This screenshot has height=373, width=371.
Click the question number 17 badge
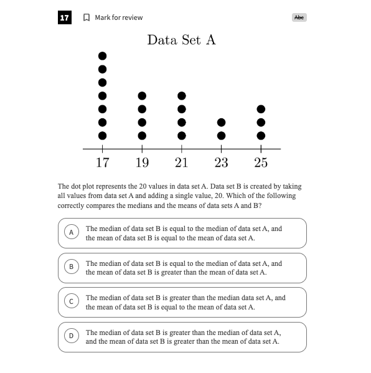click(65, 17)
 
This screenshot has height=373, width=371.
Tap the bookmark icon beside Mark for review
click(87, 17)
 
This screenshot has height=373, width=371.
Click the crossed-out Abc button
click(299, 17)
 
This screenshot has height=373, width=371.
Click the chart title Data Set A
click(182, 40)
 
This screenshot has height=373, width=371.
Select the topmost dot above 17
click(102, 56)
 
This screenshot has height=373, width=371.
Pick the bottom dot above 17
click(102, 136)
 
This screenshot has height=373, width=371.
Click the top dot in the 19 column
click(142, 96)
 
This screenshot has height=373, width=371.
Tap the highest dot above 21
click(182, 96)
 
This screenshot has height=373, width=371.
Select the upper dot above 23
click(221, 123)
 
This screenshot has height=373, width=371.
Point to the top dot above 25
click(261, 109)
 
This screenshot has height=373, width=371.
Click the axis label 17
click(103, 163)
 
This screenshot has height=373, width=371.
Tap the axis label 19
click(142, 163)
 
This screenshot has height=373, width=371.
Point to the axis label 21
click(182, 163)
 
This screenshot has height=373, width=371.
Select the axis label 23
click(221, 163)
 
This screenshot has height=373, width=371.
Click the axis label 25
click(261, 163)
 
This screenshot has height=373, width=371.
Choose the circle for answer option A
click(72, 232)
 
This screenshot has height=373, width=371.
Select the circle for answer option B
click(72, 267)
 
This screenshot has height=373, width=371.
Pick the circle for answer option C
click(72, 301)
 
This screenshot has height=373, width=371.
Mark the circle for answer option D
click(72, 336)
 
